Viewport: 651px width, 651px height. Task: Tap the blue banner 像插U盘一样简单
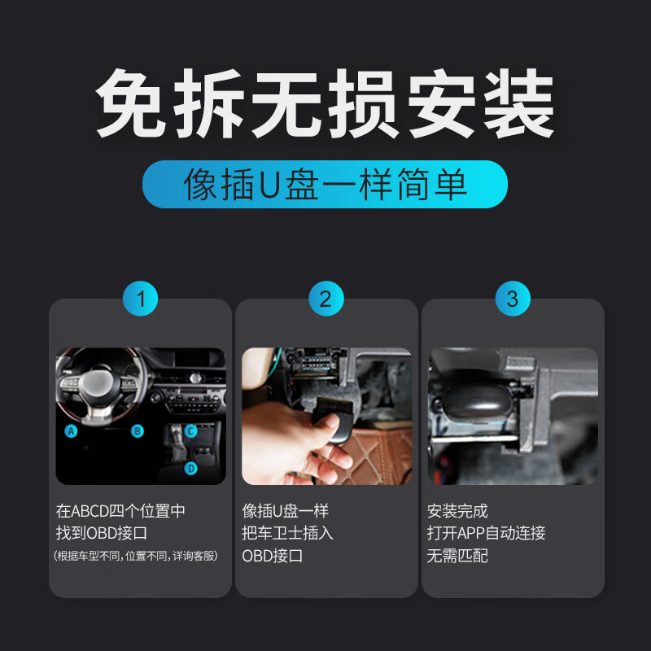(x=325, y=184)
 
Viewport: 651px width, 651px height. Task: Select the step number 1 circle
(x=140, y=299)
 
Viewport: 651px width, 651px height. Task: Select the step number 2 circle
(x=325, y=299)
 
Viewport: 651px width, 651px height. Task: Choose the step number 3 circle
(x=512, y=299)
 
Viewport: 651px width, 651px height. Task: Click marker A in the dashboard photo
(x=72, y=431)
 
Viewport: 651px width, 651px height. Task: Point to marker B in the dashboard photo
(x=138, y=431)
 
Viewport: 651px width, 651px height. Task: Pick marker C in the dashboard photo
(x=191, y=431)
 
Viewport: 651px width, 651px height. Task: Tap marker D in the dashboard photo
(x=191, y=468)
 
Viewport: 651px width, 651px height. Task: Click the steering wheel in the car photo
(x=98, y=387)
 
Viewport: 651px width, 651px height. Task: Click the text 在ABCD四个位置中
(x=120, y=512)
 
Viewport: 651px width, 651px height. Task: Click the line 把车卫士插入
(x=287, y=534)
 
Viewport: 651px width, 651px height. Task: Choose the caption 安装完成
(x=457, y=512)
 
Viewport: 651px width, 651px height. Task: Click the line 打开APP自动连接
(x=486, y=534)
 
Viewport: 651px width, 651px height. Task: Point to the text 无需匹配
(x=457, y=557)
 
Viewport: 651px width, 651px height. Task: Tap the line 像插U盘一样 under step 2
(x=285, y=512)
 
